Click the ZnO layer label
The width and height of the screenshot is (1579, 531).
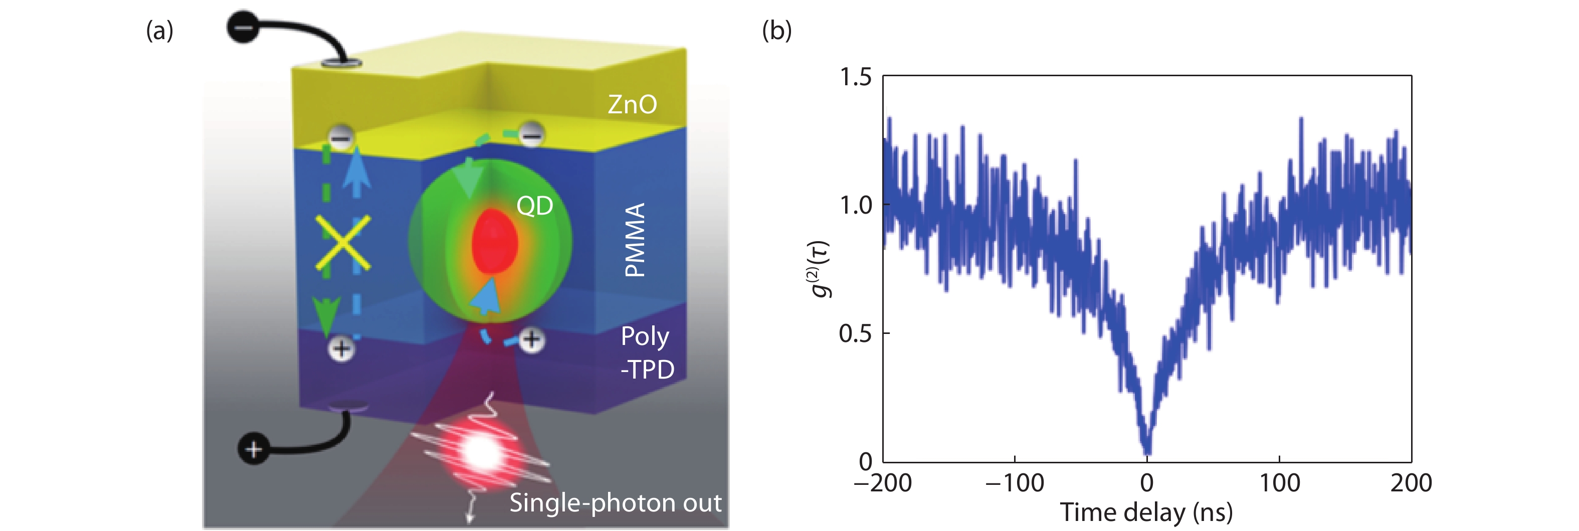click(632, 104)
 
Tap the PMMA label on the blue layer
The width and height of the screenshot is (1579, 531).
click(635, 240)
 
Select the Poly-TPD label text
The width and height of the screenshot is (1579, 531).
click(647, 352)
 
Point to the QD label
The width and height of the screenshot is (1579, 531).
click(534, 206)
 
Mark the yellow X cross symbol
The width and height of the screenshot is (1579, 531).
click(343, 243)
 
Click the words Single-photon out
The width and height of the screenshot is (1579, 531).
click(615, 503)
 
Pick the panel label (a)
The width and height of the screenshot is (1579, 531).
click(159, 30)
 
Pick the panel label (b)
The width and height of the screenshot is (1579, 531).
click(776, 30)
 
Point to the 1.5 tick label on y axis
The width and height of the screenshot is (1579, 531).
click(855, 77)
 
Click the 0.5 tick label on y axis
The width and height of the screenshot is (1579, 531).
click(855, 333)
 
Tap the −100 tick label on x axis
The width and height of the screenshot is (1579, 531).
click(1015, 483)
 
